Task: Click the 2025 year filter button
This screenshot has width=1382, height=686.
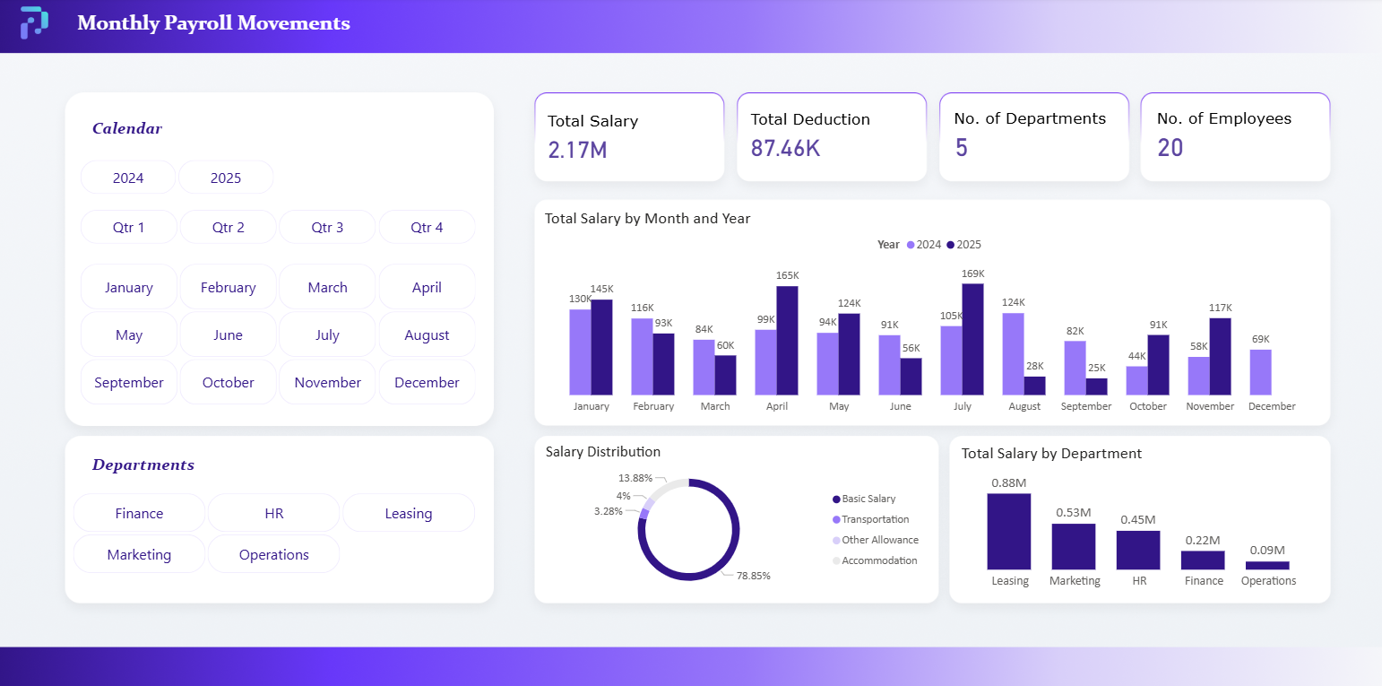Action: pos(226,178)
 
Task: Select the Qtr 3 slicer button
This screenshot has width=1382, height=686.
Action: pos(327,227)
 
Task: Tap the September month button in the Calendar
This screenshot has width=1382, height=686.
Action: pos(128,382)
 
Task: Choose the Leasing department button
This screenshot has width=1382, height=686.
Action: pos(408,513)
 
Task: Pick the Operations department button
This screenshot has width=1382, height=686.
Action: pos(273,554)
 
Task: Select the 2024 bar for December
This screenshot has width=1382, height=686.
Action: pos(1260,372)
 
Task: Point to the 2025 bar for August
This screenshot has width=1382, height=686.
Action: pos(1034,386)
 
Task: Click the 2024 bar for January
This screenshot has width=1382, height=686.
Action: pos(580,352)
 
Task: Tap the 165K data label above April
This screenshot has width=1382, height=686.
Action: pos(788,275)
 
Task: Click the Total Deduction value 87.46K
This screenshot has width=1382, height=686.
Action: pos(785,148)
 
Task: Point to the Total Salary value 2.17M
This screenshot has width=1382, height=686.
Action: pos(577,150)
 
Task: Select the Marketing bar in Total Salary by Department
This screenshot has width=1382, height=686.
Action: pos(1073,546)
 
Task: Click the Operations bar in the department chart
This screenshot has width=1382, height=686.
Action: pos(1267,565)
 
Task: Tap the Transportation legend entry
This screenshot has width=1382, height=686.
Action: pos(875,519)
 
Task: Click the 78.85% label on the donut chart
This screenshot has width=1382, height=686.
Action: pos(753,576)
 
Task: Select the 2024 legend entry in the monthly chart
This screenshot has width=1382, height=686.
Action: pos(924,245)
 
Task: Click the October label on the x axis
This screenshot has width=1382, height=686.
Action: pos(1148,406)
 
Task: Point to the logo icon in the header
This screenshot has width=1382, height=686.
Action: pos(34,22)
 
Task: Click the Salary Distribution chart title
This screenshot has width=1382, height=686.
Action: pos(602,452)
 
